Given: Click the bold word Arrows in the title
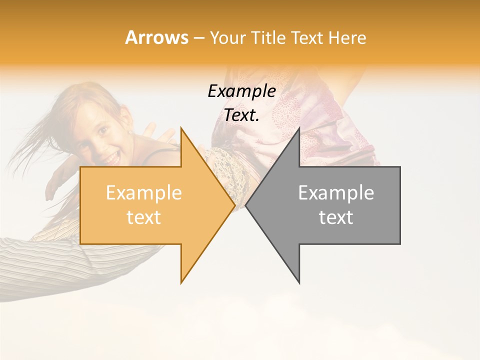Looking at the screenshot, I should click(x=156, y=37).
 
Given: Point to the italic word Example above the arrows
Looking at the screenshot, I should click(x=241, y=91).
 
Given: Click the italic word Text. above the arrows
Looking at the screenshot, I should click(x=241, y=115).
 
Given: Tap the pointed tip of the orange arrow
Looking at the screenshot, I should click(x=233, y=205).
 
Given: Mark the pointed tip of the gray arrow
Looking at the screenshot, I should click(x=247, y=205).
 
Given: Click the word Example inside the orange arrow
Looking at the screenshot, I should click(x=143, y=193).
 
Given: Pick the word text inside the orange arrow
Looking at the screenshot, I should click(x=143, y=217).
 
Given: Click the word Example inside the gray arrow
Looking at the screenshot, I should click(x=336, y=193).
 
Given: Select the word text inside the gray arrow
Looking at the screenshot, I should click(x=336, y=217).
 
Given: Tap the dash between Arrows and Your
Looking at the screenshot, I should click(x=198, y=38).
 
